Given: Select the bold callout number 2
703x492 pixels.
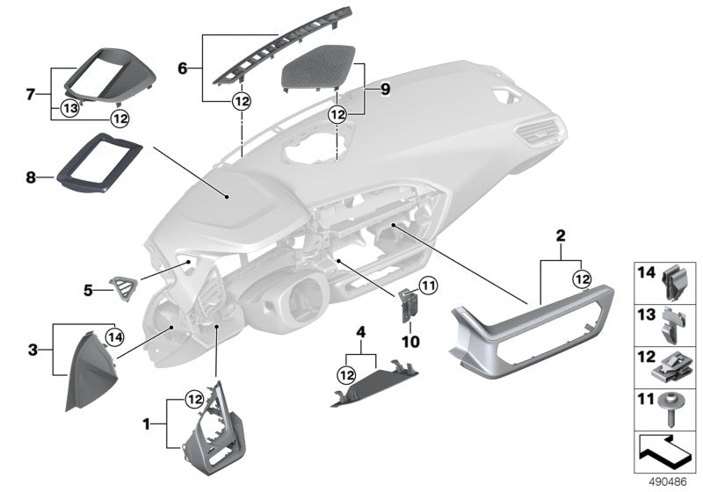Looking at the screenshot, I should click(561, 235).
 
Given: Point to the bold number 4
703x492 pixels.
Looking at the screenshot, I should click(359, 331).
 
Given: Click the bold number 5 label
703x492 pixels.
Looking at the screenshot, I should click(87, 286).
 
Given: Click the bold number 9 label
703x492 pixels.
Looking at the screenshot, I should click(384, 88).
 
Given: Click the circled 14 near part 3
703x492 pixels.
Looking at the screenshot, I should click(113, 335).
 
